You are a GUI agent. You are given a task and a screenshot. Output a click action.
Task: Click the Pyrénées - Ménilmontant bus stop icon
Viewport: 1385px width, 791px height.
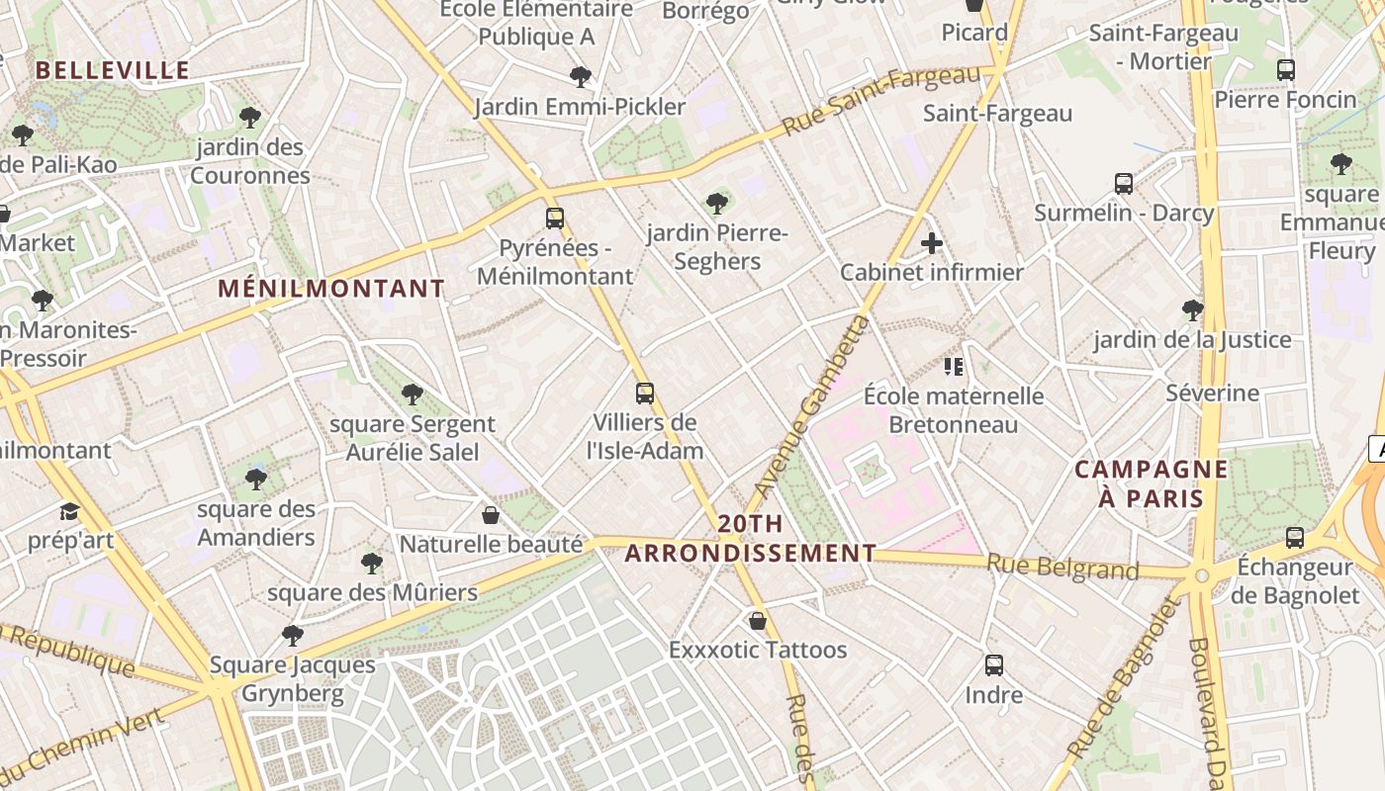coord(555,219)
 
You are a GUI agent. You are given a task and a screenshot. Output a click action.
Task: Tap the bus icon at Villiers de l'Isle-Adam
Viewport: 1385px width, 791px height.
coord(645,394)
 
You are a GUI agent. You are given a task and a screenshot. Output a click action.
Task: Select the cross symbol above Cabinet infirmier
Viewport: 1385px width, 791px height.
coord(931,242)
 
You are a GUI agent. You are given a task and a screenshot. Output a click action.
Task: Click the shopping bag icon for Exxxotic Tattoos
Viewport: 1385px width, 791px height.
coord(758,621)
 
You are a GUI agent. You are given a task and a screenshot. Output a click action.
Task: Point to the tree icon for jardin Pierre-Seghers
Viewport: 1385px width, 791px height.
coord(717,204)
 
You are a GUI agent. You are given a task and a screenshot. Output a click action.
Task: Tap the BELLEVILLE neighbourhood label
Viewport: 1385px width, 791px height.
coord(113,70)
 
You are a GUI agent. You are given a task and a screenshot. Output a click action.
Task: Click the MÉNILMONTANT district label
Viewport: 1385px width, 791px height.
coord(331,289)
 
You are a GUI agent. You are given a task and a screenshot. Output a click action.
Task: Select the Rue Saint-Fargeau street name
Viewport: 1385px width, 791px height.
coord(879,101)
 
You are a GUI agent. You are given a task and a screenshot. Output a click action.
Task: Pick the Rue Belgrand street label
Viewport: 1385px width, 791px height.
coord(1062,568)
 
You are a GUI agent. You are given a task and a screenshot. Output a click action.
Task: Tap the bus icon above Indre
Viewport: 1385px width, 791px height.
coord(994,665)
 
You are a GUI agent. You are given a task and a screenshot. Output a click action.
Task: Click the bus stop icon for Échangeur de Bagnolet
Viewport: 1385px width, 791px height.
coord(1294,538)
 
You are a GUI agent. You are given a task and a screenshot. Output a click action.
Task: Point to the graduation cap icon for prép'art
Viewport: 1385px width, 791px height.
coord(69,511)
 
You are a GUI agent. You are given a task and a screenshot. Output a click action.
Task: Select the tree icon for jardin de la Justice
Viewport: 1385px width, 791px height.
coord(1193,310)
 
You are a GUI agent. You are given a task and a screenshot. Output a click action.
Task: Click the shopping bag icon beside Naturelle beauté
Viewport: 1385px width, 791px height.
coord(491,515)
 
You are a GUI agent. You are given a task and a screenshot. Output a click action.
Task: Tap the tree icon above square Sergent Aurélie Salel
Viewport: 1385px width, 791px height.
coord(413,395)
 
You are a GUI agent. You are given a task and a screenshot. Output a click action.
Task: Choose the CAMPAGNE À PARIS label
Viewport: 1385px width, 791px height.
coord(1151,483)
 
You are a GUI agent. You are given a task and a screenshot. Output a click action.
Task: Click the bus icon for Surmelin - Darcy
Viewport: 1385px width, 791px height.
coord(1124,184)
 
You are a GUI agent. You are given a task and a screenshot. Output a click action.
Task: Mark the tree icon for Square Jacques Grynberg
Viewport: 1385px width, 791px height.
coord(292,635)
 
